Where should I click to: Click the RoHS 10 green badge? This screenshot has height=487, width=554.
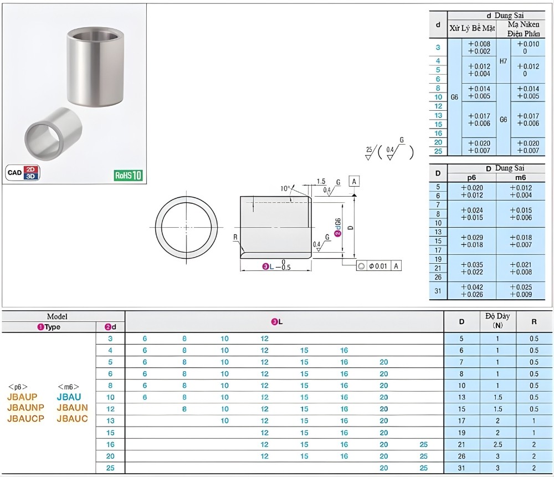pos(128,175)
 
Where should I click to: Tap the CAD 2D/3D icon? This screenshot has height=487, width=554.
pos(23,172)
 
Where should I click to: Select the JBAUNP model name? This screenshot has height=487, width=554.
pos(26,407)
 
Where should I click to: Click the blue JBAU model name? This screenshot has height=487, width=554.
pos(69,397)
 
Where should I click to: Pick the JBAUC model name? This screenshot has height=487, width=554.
pos(72,418)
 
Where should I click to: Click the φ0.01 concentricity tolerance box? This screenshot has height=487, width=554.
pos(379,266)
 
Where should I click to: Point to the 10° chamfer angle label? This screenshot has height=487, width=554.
pos(285,188)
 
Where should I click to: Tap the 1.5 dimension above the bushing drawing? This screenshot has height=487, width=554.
pos(321,181)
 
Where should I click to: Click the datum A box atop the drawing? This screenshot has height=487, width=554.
pos(354,181)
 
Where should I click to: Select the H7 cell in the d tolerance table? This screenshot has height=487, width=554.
pos(504,61)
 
